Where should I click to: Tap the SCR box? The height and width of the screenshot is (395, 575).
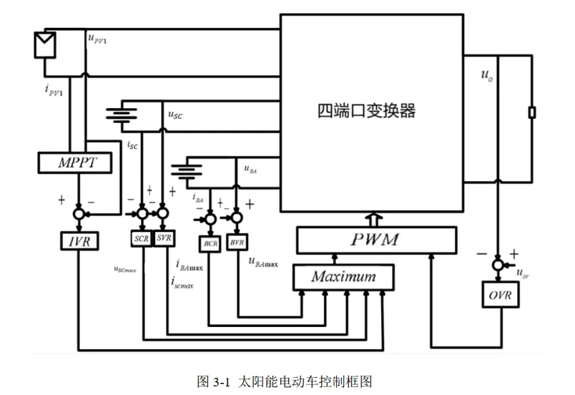pyautogui.click(x=142, y=238)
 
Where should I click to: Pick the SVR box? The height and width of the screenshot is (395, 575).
pyautogui.click(x=163, y=238)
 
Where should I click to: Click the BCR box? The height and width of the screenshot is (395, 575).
pyautogui.click(x=210, y=244)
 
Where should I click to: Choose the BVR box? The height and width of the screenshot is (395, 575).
pyautogui.click(x=236, y=244)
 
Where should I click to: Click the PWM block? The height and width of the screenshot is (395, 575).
pyautogui.click(x=375, y=239)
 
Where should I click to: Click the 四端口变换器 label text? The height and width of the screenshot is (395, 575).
pyautogui.click(x=366, y=111)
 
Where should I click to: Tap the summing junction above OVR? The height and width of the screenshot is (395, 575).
pyautogui.click(x=498, y=265)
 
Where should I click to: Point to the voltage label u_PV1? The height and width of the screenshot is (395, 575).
pyautogui.click(x=98, y=40)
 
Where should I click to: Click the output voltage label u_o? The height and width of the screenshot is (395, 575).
pyautogui.click(x=486, y=74)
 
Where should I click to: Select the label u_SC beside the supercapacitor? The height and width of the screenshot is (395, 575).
pyautogui.click(x=175, y=114)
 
